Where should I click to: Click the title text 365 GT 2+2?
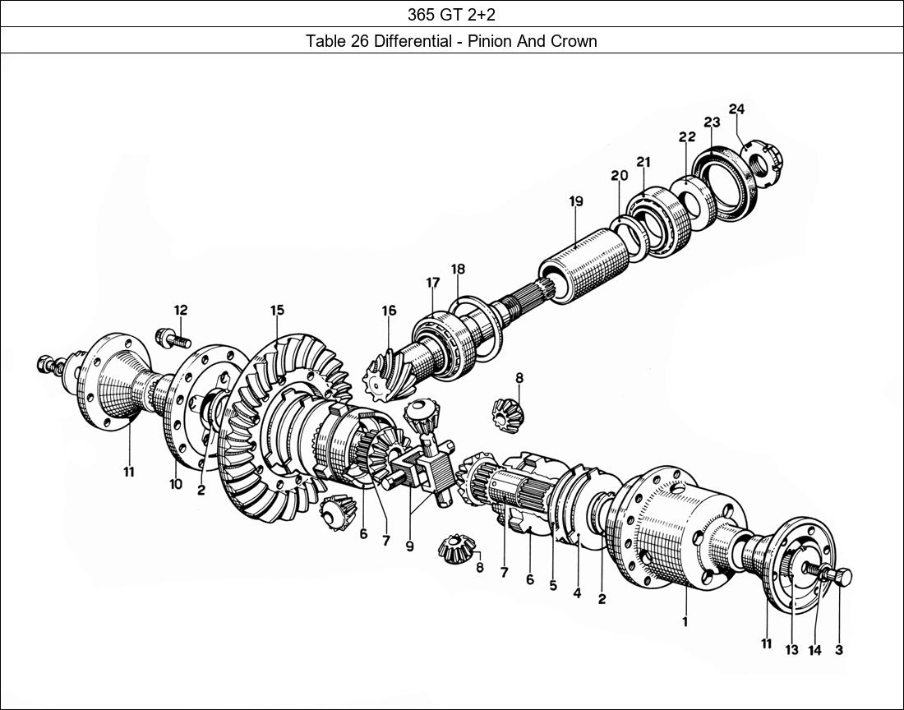pos(451,13)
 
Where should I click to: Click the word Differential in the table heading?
pos(413,41)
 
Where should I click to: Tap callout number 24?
pos(736,109)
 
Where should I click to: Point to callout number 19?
pos(575,201)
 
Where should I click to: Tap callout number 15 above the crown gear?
pos(277,310)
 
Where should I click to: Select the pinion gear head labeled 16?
pos(385,370)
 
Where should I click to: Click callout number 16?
pos(389,311)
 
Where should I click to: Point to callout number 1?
pos(685,622)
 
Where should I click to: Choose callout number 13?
pos(791,650)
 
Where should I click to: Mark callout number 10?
pos(176,485)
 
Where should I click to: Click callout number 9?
pos(409,546)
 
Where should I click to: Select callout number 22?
pos(687,137)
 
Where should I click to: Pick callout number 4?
pos(577,593)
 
